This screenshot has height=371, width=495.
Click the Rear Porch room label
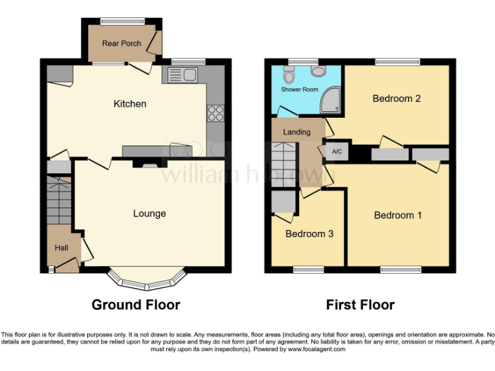pos(119,44)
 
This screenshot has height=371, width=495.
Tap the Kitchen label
pos(130,104)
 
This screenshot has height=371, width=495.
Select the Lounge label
pos(150,213)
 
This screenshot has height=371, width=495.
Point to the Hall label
pos(61,247)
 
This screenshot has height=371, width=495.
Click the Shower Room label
pos(299,90)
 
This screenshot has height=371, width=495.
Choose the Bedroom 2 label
pos(396,99)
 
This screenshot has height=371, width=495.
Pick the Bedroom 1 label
pos(398,215)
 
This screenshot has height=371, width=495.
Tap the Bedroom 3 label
pos(309,234)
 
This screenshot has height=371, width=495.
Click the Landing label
pos(297,132)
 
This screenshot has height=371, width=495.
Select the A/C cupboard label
pos(336,152)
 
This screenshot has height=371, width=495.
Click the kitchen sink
pos(182,75)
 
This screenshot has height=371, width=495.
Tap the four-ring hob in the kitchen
pos(215,113)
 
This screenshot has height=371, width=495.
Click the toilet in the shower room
pos(289,76)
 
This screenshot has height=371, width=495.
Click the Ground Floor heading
pos(136,305)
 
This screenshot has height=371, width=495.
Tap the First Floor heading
pos(360,305)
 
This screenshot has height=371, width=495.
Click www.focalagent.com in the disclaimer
pos(316,349)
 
